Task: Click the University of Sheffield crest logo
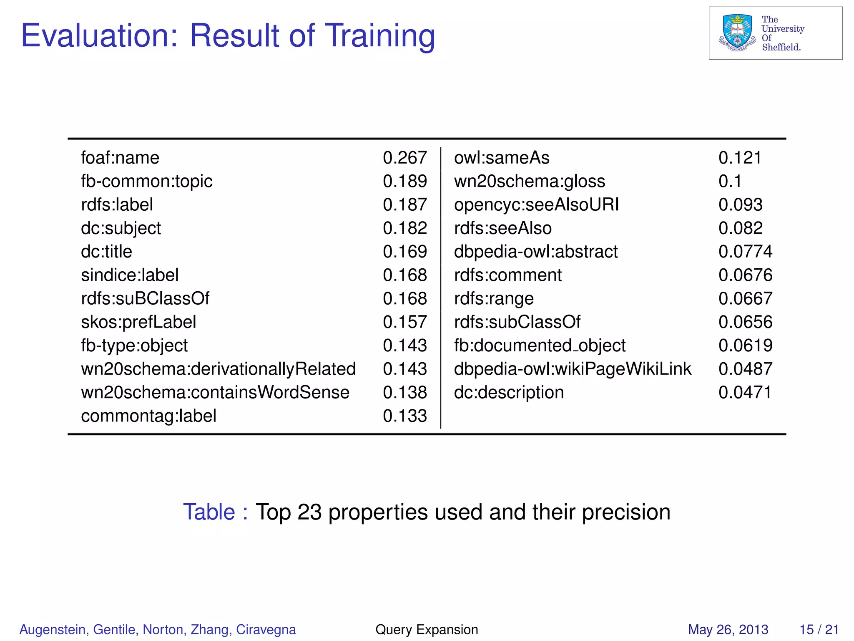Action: tap(737, 33)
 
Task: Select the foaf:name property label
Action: tap(120, 158)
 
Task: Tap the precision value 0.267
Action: tap(404, 158)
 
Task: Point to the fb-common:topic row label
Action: tap(146, 182)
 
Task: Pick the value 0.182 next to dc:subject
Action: tap(404, 228)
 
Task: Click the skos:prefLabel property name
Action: tap(138, 322)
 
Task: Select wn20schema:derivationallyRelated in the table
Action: tap(218, 369)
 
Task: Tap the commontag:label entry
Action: tap(148, 416)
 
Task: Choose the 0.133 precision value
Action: tap(404, 416)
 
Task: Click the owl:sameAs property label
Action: tap(502, 158)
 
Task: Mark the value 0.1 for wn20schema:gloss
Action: tap(730, 182)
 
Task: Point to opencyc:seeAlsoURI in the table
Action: tap(536, 205)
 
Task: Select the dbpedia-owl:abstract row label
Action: tap(536, 252)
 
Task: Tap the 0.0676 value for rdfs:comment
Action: tap(745, 275)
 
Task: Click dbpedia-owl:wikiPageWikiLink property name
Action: tap(573, 369)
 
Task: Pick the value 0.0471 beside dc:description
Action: tap(745, 393)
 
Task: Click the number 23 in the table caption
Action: tap(309, 512)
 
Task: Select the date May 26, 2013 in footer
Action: tap(728, 629)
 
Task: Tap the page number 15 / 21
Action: tap(819, 629)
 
